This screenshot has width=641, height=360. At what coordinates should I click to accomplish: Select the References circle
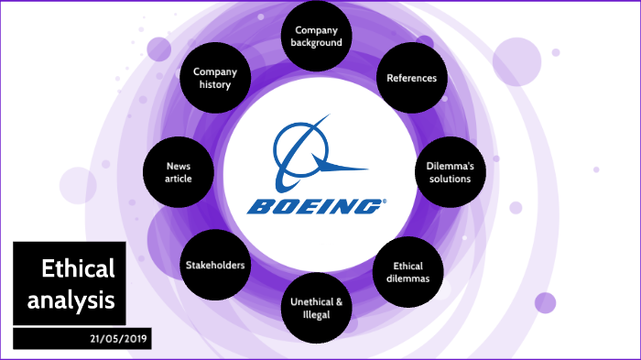[411, 78]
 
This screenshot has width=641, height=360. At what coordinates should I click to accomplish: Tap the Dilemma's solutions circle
[449, 172]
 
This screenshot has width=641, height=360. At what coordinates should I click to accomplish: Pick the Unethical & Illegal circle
[316, 308]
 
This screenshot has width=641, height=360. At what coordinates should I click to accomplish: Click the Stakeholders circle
[216, 266]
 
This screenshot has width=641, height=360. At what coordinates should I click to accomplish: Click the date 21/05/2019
[120, 339]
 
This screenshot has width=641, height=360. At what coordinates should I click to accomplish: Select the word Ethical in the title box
[78, 269]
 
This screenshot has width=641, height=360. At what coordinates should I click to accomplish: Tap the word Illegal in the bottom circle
[316, 315]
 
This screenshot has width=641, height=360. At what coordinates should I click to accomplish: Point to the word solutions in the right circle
[449, 179]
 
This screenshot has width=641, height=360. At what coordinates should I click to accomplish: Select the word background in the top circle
[316, 42]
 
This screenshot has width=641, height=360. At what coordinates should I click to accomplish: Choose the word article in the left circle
[179, 179]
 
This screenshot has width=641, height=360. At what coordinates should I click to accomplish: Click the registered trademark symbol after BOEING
[385, 200]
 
